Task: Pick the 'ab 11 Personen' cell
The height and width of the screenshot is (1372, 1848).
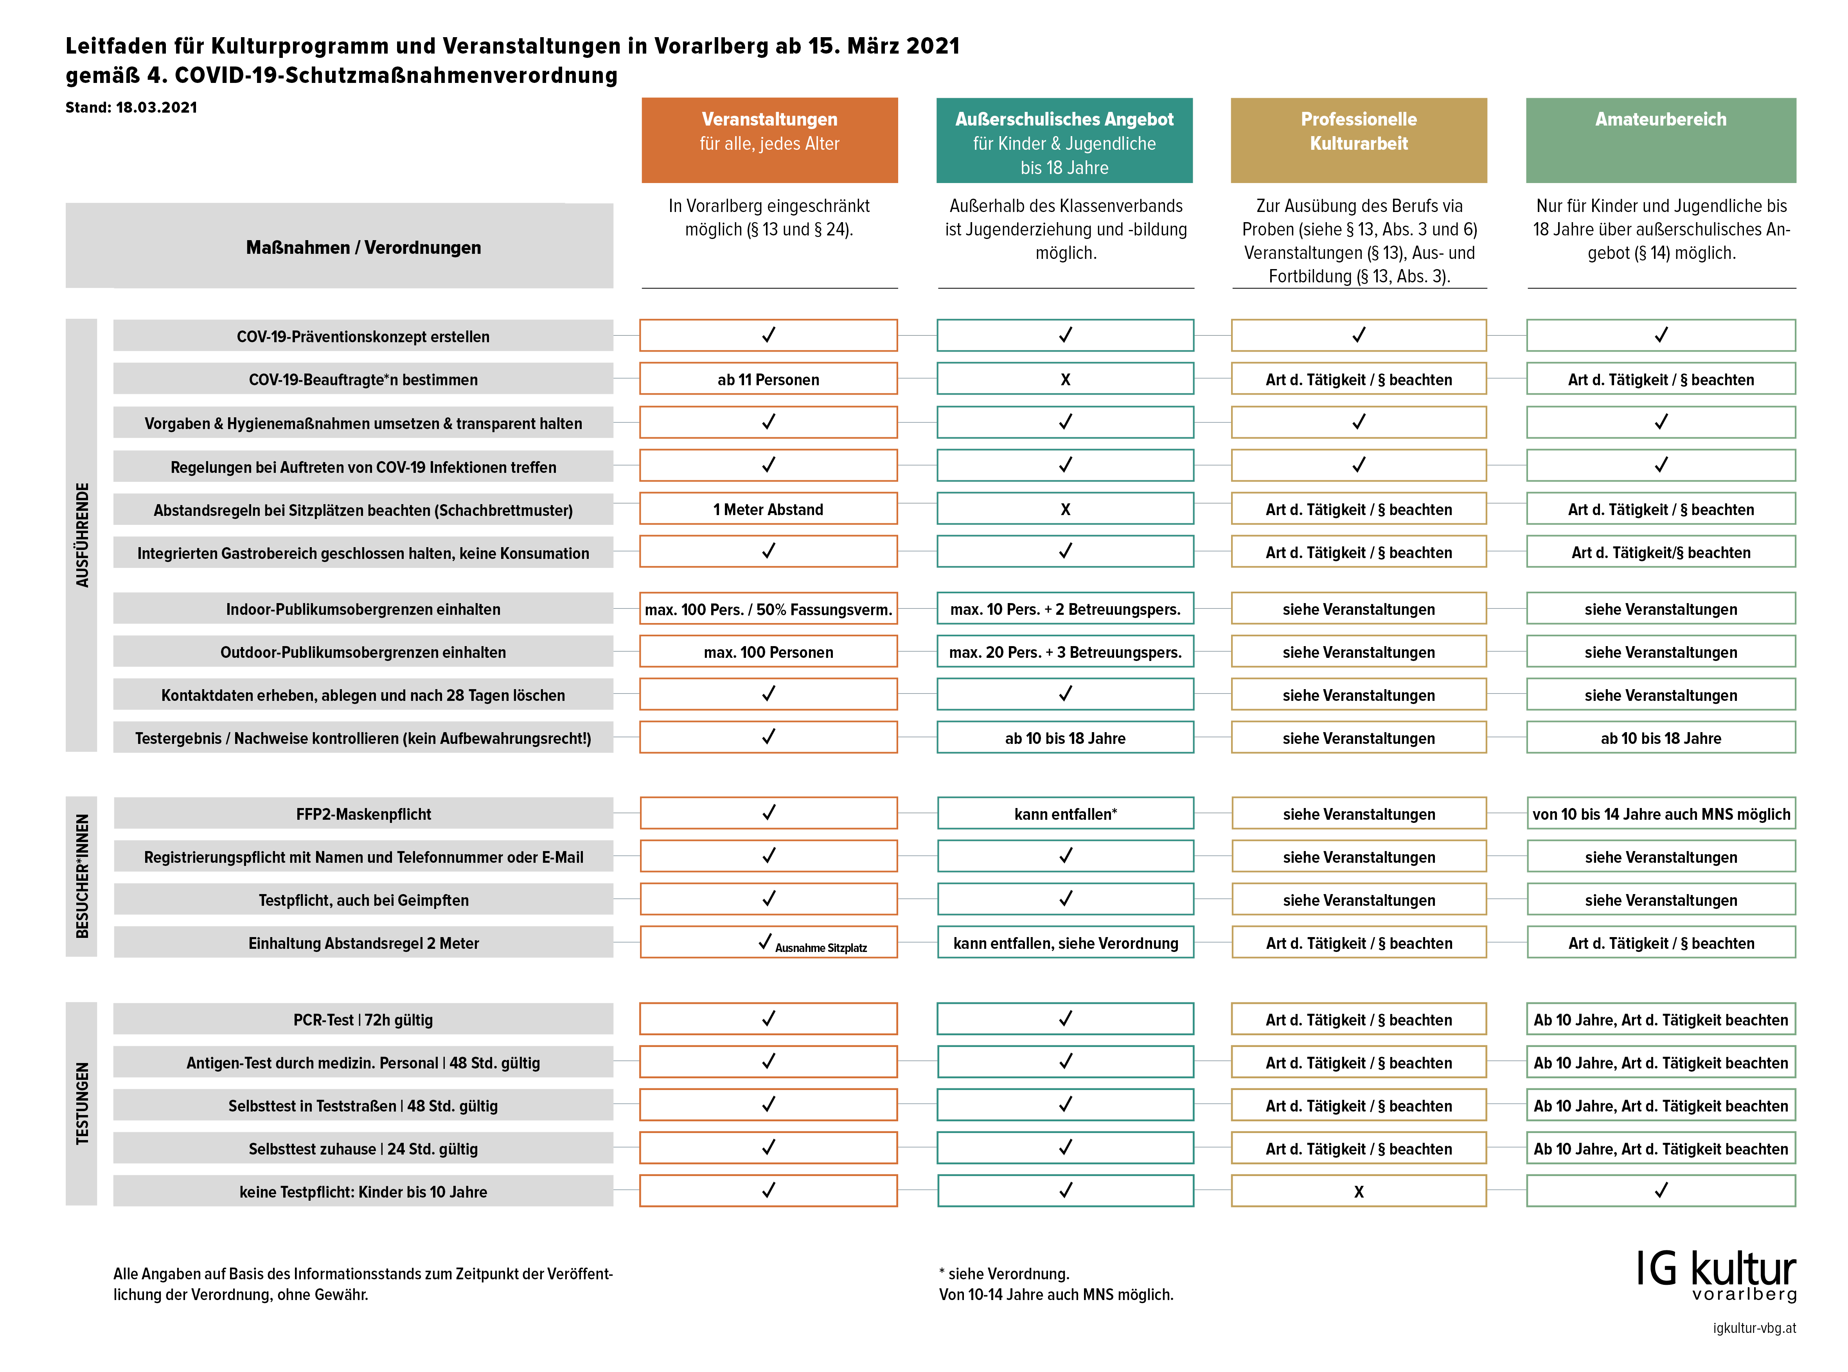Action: pos(768,379)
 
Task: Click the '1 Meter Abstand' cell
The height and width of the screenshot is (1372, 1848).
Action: pos(768,509)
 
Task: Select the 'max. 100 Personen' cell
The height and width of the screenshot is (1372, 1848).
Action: pos(768,652)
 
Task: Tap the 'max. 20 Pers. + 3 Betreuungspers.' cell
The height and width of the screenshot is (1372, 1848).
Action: pos(1065,652)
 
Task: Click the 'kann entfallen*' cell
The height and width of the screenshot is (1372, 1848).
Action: pos(1065,814)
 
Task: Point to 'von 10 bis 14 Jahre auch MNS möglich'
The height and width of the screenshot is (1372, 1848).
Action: pos(1660,814)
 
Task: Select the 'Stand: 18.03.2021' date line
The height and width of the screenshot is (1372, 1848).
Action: pos(131,107)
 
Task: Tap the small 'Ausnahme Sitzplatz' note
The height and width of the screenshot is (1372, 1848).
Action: pos(821,948)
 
